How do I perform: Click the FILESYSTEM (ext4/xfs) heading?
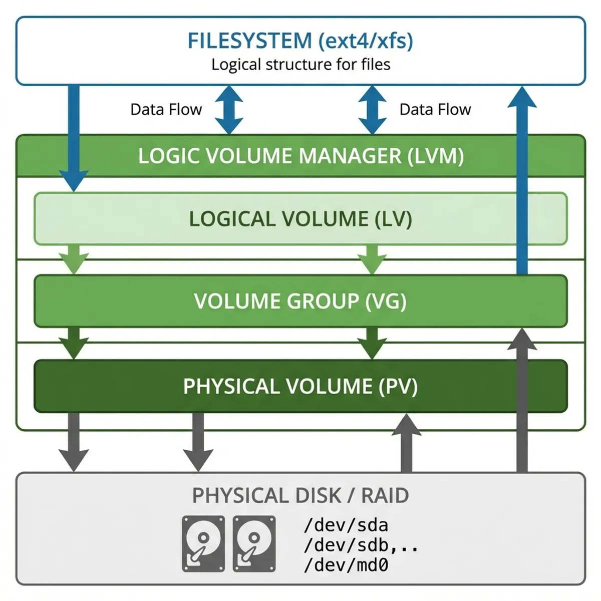(x=300, y=41)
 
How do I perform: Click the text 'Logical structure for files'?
(x=300, y=65)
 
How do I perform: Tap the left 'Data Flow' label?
(x=166, y=109)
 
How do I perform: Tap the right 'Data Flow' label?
(x=435, y=109)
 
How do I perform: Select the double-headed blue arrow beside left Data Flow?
(x=229, y=110)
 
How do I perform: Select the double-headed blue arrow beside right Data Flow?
(x=372, y=110)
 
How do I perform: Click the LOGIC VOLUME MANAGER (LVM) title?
(x=300, y=156)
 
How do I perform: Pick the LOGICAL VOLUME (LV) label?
(x=300, y=219)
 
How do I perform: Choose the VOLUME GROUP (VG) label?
(x=300, y=301)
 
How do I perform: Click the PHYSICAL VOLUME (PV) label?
(x=300, y=386)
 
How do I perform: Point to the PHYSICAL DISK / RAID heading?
(x=300, y=495)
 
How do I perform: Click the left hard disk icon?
(x=203, y=543)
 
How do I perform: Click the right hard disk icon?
(x=254, y=543)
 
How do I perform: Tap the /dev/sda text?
(x=346, y=525)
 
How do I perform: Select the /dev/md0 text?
(x=346, y=565)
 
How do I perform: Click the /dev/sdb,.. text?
(x=361, y=545)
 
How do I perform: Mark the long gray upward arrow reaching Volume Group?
(x=522, y=401)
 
